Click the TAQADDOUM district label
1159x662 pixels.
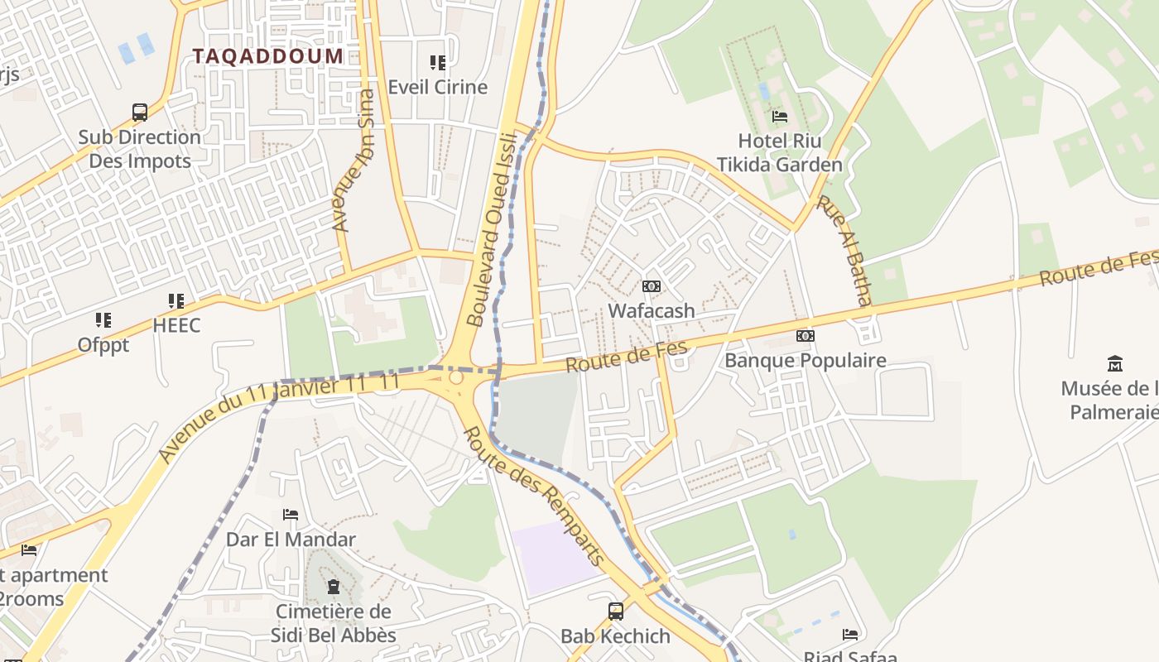267,56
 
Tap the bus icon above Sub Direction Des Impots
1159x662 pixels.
140,112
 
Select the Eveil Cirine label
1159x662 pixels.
438,87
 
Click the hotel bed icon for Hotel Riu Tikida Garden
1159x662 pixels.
780,116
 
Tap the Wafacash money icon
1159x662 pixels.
652,286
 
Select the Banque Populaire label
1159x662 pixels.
806,361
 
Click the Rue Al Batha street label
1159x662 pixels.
844,250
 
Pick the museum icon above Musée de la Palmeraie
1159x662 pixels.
1115,363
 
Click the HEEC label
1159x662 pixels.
176,325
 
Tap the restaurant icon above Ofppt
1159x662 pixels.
103,319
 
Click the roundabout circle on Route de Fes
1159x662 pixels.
455,377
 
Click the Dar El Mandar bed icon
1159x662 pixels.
291,515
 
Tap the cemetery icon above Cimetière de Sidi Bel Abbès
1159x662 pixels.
334,587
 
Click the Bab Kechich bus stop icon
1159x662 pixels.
616,612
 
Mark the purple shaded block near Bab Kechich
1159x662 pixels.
555,556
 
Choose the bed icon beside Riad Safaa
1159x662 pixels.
850,635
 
